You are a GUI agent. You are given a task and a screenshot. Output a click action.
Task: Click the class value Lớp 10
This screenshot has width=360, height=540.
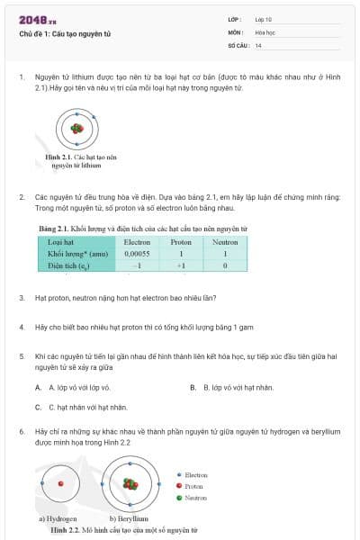(264, 18)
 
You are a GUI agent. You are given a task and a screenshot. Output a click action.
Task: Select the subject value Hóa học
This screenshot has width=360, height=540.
(265, 31)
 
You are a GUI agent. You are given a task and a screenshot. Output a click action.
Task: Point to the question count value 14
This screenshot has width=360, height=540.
(258, 45)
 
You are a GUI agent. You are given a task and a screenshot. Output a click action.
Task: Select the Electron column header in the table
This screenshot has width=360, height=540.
(137, 242)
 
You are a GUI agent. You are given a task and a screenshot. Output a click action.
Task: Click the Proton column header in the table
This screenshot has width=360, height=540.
(181, 242)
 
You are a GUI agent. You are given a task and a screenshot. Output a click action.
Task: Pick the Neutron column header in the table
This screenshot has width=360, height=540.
(225, 242)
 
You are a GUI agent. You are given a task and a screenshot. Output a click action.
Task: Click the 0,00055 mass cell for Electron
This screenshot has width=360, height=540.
(137, 254)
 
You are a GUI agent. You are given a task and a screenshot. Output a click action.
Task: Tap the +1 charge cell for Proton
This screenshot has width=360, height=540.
(181, 265)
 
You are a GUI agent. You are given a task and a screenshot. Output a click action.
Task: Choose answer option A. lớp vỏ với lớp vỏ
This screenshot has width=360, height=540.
(73, 387)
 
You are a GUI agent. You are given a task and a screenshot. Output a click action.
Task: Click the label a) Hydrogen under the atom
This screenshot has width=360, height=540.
(58, 519)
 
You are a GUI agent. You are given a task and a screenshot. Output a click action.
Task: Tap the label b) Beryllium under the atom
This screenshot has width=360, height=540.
(128, 519)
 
